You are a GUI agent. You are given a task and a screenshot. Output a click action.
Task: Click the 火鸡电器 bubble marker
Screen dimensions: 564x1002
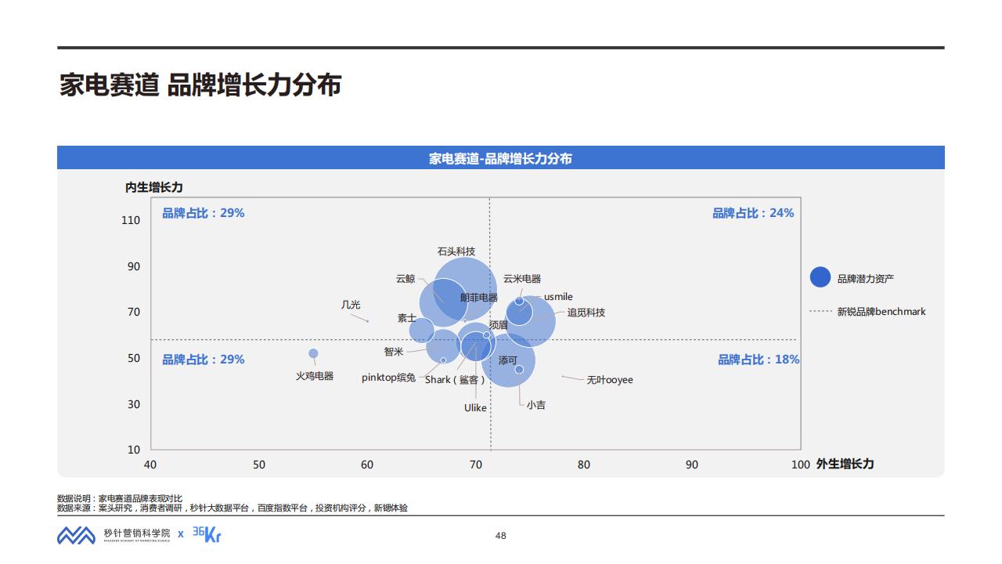point(313,354)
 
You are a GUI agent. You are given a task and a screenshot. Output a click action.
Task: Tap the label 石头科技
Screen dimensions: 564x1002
point(456,251)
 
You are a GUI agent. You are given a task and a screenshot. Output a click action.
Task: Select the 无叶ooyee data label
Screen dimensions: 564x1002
point(610,380)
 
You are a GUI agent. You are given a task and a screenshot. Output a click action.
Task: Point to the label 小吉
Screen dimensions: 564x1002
point(536,405)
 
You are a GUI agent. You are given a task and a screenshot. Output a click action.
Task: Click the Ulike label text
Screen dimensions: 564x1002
point(475,408)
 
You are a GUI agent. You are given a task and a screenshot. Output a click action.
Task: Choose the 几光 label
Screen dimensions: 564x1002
point(351,305)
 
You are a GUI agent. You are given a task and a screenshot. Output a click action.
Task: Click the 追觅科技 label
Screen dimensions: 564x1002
point(586,313)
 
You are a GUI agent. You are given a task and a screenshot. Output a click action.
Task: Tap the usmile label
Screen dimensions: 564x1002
point(558,297)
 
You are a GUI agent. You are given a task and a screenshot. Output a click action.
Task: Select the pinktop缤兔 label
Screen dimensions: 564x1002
point(388,378)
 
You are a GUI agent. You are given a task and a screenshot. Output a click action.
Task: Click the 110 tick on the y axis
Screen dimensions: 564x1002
point(131,220)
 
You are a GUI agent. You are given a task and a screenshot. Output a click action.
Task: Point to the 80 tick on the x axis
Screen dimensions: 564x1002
point(584,465)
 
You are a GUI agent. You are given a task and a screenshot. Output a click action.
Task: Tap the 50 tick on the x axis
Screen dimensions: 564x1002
point(258,465)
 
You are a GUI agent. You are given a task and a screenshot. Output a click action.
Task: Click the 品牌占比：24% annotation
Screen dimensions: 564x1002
point(752,213)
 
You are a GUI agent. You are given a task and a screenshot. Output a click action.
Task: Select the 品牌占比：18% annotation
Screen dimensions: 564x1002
point(759,360)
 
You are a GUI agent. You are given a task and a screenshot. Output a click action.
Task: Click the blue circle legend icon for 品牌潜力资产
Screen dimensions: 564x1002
point(820,277)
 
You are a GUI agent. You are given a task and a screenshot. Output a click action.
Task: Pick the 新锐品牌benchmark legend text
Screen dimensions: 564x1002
point(881,312)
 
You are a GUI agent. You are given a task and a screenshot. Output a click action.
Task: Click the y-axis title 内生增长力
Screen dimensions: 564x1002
point(154,187)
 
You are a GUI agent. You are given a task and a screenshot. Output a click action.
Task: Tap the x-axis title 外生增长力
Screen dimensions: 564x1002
point(845,464)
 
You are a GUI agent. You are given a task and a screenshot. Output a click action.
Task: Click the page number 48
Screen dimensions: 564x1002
point(501,536)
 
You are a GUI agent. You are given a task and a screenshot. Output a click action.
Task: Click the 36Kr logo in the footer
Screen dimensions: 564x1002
point(207,534)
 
